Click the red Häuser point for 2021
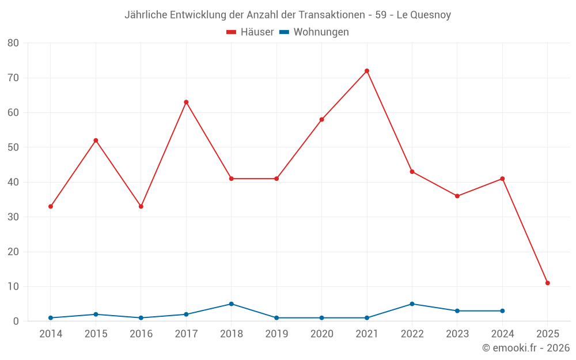pos(367,71)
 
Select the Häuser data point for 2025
pos(548,283)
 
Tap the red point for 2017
pos(186,102)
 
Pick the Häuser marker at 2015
pos(96,141)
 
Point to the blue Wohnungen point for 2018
pos(232,304)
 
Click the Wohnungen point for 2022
pos(412,304)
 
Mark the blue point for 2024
pos(502,311)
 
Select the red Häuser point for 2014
pos(51,206)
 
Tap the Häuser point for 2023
pos(457,196)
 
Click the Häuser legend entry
pos(250,32)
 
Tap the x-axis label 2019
pos(276,334)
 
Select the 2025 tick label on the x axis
pos(548,334)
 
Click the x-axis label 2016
pos(141,334)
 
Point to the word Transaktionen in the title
pos(324,15)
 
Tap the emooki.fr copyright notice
pos(526,348)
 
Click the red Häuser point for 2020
pos(321,119)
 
